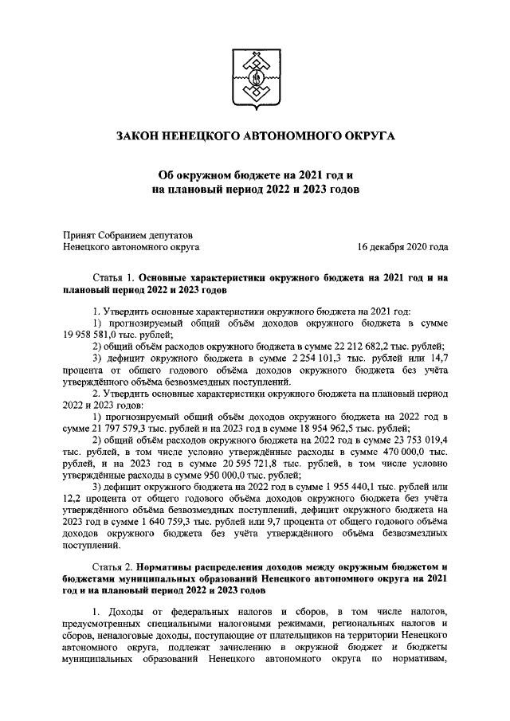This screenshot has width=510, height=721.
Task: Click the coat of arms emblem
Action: click(254, 80)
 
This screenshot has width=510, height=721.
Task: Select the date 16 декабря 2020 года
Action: click(402, 248)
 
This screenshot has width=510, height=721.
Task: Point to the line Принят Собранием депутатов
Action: click(127, 234)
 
